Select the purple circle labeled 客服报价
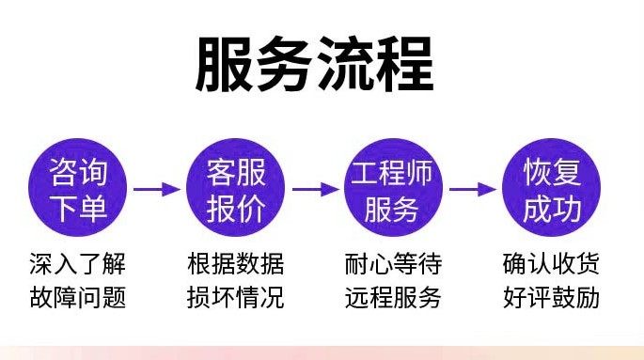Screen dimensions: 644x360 (236, 189)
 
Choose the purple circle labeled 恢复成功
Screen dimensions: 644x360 (552, 189)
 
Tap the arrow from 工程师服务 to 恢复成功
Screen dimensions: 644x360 (472, 189)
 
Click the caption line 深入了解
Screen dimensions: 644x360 (77, 262)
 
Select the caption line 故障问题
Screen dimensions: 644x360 (77, 298)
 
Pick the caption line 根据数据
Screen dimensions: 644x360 (235, 262)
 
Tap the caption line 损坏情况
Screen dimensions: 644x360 (235, 298)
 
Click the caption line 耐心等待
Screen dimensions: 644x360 (393, 262)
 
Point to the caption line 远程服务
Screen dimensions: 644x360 (393, 298)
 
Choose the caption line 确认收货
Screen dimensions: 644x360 (551, 262)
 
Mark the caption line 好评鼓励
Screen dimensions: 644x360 (551, 298)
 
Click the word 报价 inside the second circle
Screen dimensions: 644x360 (236, 207)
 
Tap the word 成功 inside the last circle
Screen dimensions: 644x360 (552, 207)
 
